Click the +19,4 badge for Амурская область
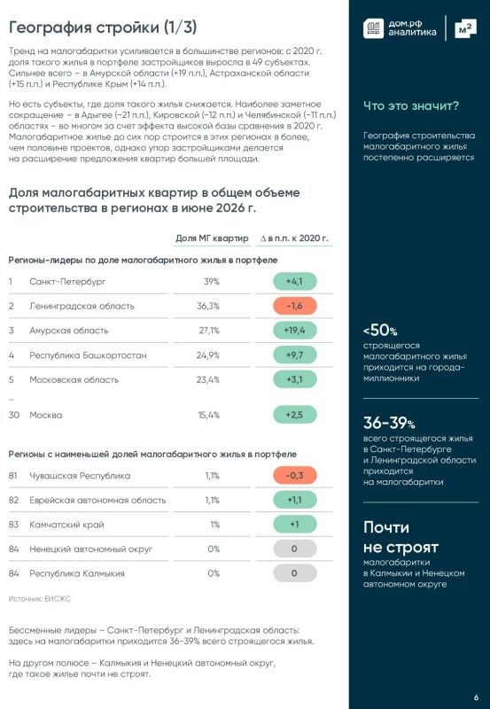coord(295,331)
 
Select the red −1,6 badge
coord(295,306)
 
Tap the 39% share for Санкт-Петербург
coord(212,282)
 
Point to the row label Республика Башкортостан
coord(88,355)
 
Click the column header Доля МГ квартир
coord(212,238)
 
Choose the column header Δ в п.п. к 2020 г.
coord(294,238)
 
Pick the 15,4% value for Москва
coord(209,415)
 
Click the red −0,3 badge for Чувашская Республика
coord(295,476)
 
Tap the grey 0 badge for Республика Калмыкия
coord(295,573)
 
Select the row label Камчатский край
coord(67,525)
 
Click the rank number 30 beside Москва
coord(14,415)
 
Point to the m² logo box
coord(465,29)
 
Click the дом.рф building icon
coord(373,28)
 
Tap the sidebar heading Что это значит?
coord(411,105)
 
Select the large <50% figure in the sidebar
coord(380,331)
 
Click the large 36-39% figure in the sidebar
coord(389,423)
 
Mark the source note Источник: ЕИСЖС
coord(40,599)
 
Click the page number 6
coord(477,697)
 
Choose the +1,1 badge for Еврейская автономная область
coord(295,500)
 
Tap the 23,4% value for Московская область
coord(208,380)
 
